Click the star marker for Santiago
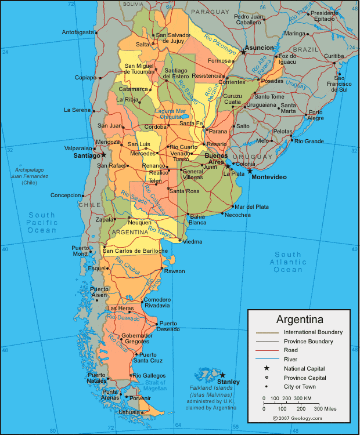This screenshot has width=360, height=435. (104, 155)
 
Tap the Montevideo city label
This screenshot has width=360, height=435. (269, 177)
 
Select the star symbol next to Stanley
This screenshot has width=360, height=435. (222, 375)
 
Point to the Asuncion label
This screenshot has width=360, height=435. (259, 48)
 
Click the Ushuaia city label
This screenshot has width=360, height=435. (128, 412)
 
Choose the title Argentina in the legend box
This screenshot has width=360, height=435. (300, 320)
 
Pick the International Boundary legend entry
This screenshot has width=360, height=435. (312, 332)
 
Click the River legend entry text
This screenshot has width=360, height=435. (291, 359)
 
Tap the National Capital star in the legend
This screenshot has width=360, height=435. (267, 368)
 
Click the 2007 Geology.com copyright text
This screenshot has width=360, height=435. (297, 418)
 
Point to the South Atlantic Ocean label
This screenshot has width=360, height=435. (289, 262)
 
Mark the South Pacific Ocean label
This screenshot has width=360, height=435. (42, 222)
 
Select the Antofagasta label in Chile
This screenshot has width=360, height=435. (78, 32)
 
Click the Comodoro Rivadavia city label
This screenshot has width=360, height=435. (157, 302)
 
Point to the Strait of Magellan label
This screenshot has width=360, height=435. (155, 385)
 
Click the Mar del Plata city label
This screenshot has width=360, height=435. (251, 206)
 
